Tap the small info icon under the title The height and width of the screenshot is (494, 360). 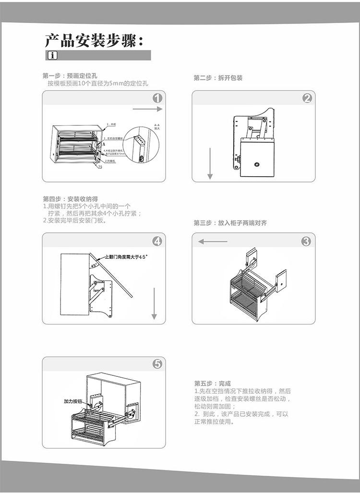[x=52, y=56]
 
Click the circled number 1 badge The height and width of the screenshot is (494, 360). [x=157, y=99]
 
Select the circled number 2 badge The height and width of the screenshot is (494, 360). [x=307, y=98]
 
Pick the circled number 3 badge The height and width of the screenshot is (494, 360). [x=306, y=241]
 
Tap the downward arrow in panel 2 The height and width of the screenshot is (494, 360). [x=210, y=163]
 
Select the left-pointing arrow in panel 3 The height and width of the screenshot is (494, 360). [x=213, y=241]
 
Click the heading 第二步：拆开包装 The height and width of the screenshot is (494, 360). [x=218, y=78]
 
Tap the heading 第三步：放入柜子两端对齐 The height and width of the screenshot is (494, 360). [x=230, y=223]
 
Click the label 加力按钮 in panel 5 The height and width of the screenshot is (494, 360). [x=74, y=401]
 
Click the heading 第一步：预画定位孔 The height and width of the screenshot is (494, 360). [x=70, y=76]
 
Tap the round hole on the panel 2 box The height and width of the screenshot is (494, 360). [x=257, y=165]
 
